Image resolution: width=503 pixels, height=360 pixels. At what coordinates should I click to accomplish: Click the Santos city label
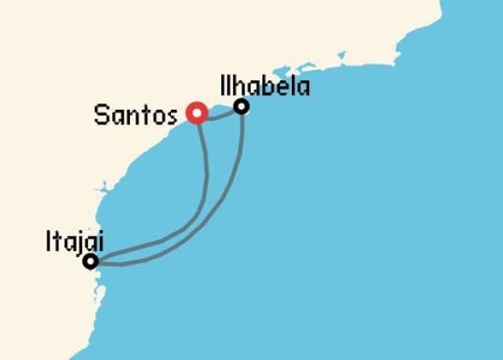[x=137, y=115]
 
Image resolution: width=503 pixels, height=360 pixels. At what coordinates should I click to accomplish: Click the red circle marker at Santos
[x=195, y=113]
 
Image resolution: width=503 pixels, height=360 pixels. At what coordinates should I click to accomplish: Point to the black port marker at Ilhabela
[x=241, y=107]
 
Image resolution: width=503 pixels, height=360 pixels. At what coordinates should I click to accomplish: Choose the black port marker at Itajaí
[x=90, y=262]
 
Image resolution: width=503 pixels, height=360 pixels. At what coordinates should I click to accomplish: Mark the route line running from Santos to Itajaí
[x=203, y=192]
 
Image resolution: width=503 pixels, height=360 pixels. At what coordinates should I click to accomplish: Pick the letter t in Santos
[x=144, y=115]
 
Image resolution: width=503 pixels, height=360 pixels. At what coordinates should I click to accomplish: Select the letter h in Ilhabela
[x=241, y=87]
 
